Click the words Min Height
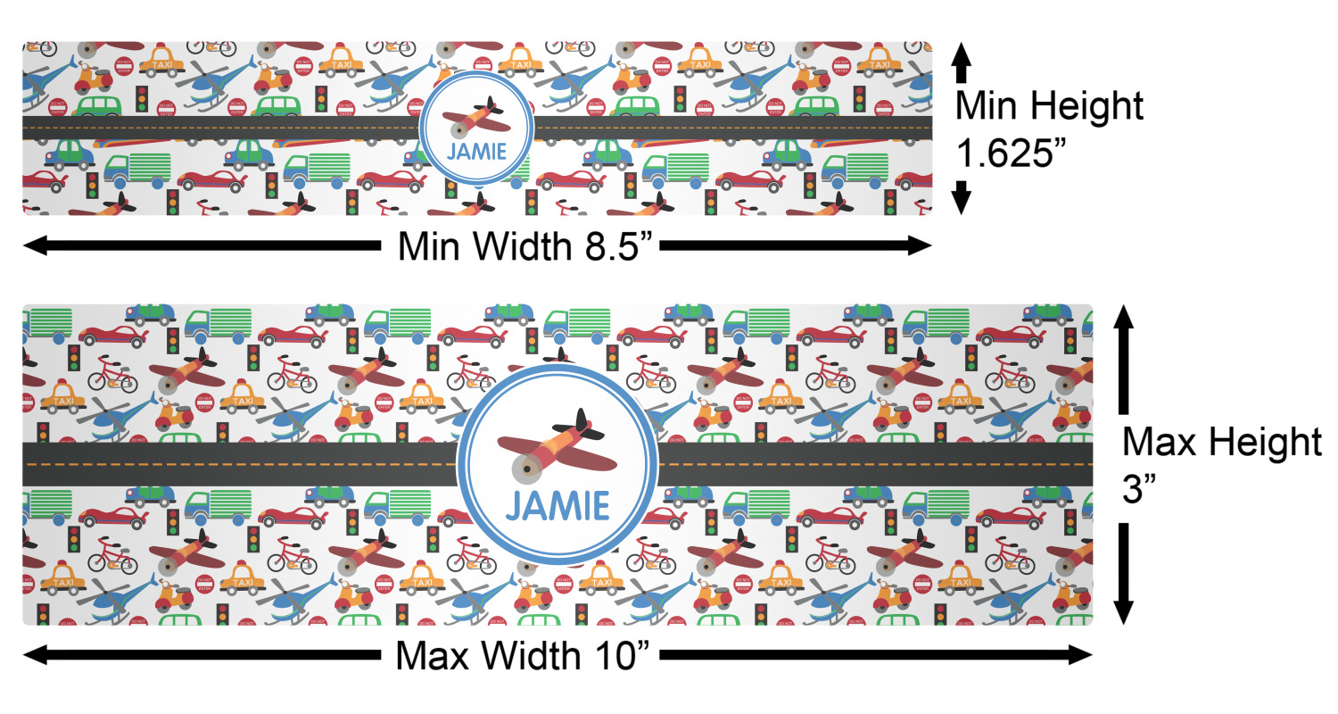1048,106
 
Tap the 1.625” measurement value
1011,153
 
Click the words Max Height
1221,443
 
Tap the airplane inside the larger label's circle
557,446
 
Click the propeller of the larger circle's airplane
521,466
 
